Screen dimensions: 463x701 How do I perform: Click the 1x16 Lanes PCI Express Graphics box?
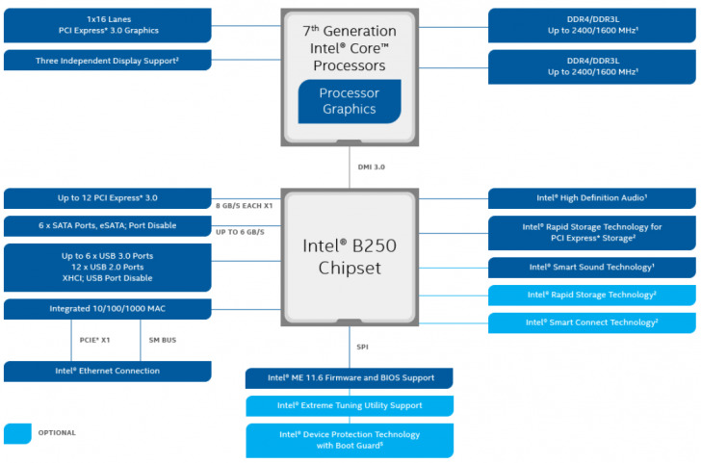tap(107, 25)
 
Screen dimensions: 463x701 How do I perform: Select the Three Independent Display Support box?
tap(107, 61)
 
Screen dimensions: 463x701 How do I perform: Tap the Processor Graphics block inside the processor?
tap(349, 101)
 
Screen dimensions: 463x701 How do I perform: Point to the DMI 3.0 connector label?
tap(372, 167)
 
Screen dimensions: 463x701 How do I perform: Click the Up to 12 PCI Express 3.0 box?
tap(107, 198)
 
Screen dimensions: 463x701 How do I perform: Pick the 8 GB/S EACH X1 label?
tap(246, 206)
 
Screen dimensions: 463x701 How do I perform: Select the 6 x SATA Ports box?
tap(107, 225)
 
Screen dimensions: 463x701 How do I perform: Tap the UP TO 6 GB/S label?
tap(240, 232)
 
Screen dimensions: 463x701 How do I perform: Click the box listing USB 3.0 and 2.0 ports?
tap(107, 267)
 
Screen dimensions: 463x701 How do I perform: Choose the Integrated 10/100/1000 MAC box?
tap(107, 309)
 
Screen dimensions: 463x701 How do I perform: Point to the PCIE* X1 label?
tap(96, 340)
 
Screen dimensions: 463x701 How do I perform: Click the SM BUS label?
tap(163, 340)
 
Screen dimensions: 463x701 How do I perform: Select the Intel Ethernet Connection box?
tap(107, 371)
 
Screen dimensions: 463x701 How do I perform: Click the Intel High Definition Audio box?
tap(592, 198)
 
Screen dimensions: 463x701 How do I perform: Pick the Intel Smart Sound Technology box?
tap(592, 268)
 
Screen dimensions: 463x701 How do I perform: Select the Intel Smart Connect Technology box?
tap(592, 322)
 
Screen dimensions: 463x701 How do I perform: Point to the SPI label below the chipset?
tap(362, 347)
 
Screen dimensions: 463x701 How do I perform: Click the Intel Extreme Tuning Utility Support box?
tap(350, 406)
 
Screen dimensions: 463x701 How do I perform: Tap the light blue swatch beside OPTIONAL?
tap(16, 434)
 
